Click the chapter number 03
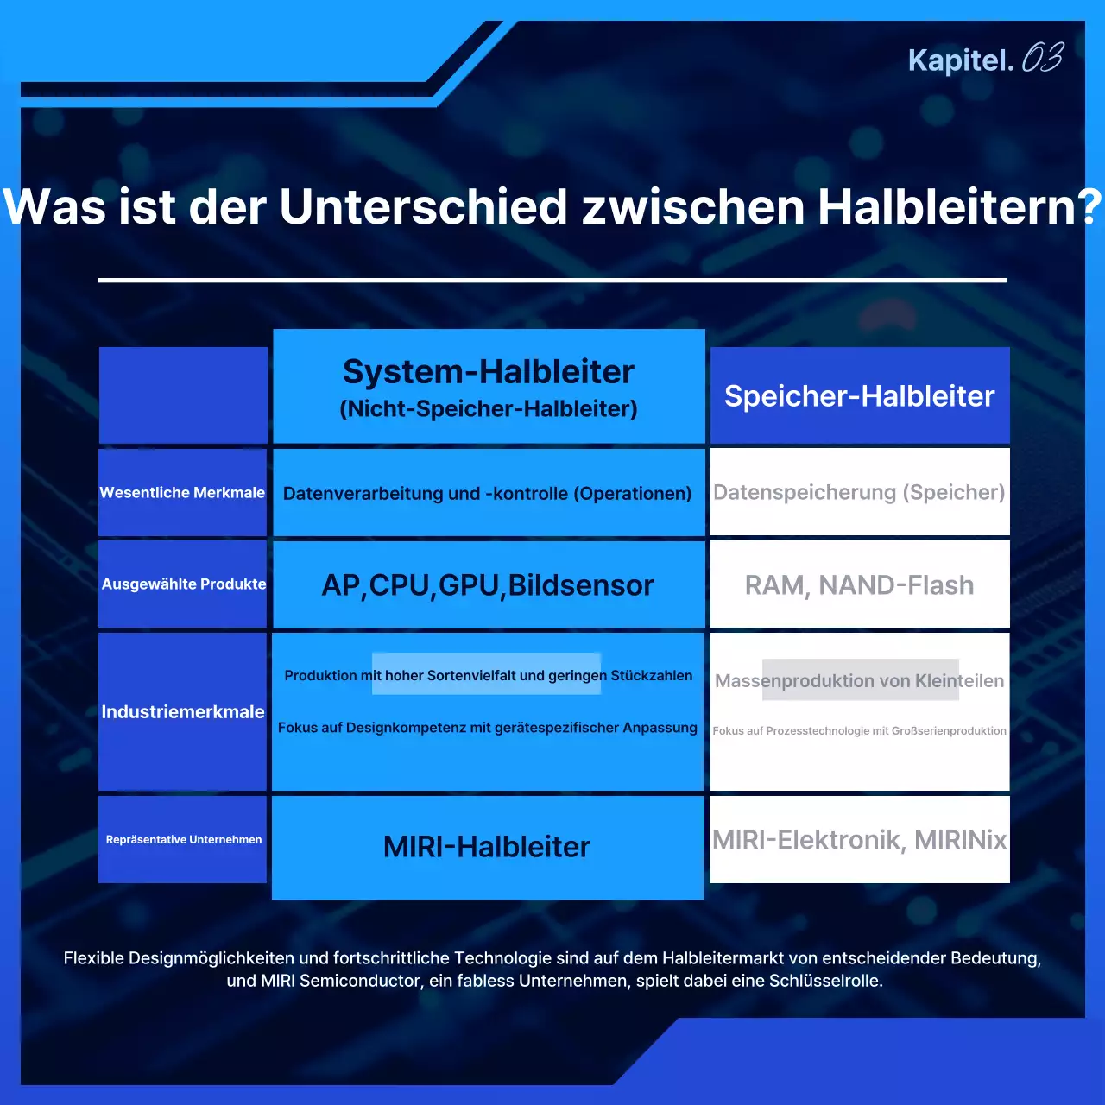click(x=1042, y=59)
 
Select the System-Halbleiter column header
click(x=489, y=372)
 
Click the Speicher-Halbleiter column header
click(x=859, y=396)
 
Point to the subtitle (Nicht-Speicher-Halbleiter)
click(x=489, y=409)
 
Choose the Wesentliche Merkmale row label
click(x=182, y=493)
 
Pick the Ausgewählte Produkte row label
click(x=183, y=584)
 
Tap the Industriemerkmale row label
click(x=182, y=712)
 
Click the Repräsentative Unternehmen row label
click(x=183, y=840)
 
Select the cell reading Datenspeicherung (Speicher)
click(x=859, y=493)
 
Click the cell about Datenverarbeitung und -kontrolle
click(x=488, y=494)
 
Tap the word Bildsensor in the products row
click(x=581, y=585)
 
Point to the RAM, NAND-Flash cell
click(x=859, y=585)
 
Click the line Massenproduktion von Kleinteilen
click(x=859, y=681)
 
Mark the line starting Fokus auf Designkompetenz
click(x=488, y=728)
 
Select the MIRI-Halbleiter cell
click(x=487, y=847)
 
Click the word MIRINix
click(x=960, y=840)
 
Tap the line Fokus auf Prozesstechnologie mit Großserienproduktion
click(x=859, y=731)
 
